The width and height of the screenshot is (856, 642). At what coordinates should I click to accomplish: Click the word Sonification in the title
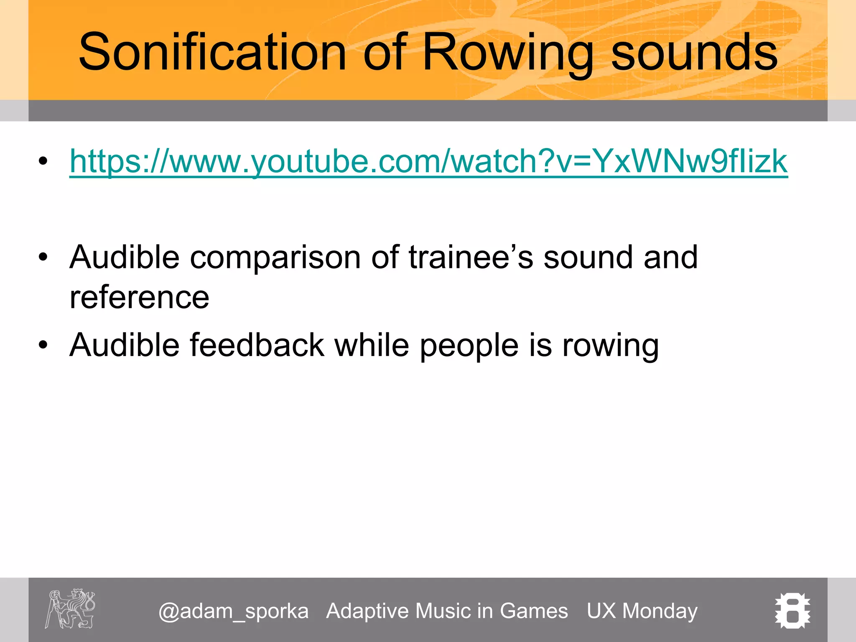tap(212, 52)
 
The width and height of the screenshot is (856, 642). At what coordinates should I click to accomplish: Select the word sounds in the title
tap(694, 52)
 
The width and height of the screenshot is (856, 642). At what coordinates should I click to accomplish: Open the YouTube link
tap(428, 161)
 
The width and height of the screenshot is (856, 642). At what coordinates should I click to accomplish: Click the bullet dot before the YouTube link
tap(43, 161)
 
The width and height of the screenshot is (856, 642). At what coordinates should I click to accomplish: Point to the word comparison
tap(275, 257)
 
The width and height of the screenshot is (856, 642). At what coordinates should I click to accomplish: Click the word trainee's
tap(471, 257)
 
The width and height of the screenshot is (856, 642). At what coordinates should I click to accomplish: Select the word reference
tap(139, 297)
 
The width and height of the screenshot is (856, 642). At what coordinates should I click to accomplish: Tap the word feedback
tap(257, 345)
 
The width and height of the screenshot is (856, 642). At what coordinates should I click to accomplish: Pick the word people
tap(469, 346)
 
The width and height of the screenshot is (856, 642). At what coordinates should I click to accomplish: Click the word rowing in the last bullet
tap(610, 346)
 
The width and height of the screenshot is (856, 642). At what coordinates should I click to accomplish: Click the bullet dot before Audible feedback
tap(43, 345)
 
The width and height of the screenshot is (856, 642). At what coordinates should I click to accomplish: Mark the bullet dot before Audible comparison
tap(43, 257)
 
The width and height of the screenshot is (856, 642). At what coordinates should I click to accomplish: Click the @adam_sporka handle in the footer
tap(233, 611)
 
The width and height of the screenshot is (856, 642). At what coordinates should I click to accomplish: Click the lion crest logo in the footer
tap(70, 609)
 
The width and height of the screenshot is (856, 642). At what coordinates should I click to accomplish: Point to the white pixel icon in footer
tap(792, 611)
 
